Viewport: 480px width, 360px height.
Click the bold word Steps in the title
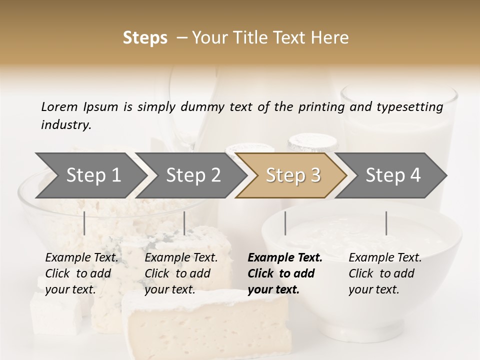(145, 38)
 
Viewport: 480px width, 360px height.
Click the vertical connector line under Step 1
(84, 223)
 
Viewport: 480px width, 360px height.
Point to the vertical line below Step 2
(184, 223)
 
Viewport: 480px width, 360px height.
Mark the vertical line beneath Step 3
(285, 223)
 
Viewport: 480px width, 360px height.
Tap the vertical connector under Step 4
(386, 223)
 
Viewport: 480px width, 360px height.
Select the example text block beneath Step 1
(81, 273)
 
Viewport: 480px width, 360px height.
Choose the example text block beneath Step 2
(181, 273)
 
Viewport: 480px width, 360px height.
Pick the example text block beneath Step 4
(385, 273)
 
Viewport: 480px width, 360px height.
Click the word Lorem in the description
(59, 107)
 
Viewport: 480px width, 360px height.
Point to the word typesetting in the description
(409, 107)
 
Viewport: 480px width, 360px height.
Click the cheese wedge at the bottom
(205, 325)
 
